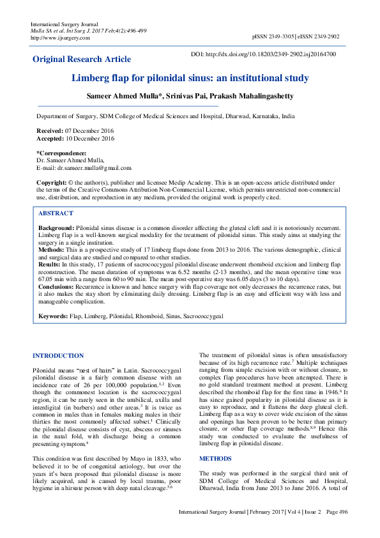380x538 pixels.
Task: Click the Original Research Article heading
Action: point(82,59)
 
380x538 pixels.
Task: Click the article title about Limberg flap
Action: point(190,79)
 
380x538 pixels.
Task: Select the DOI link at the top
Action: point(273,54)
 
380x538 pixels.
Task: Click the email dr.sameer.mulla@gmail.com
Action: point(94,168)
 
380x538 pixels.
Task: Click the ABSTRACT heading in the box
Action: point(56,213)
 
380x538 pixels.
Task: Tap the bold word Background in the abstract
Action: point(56,227)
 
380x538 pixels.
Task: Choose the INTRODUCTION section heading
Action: point(57,356)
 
